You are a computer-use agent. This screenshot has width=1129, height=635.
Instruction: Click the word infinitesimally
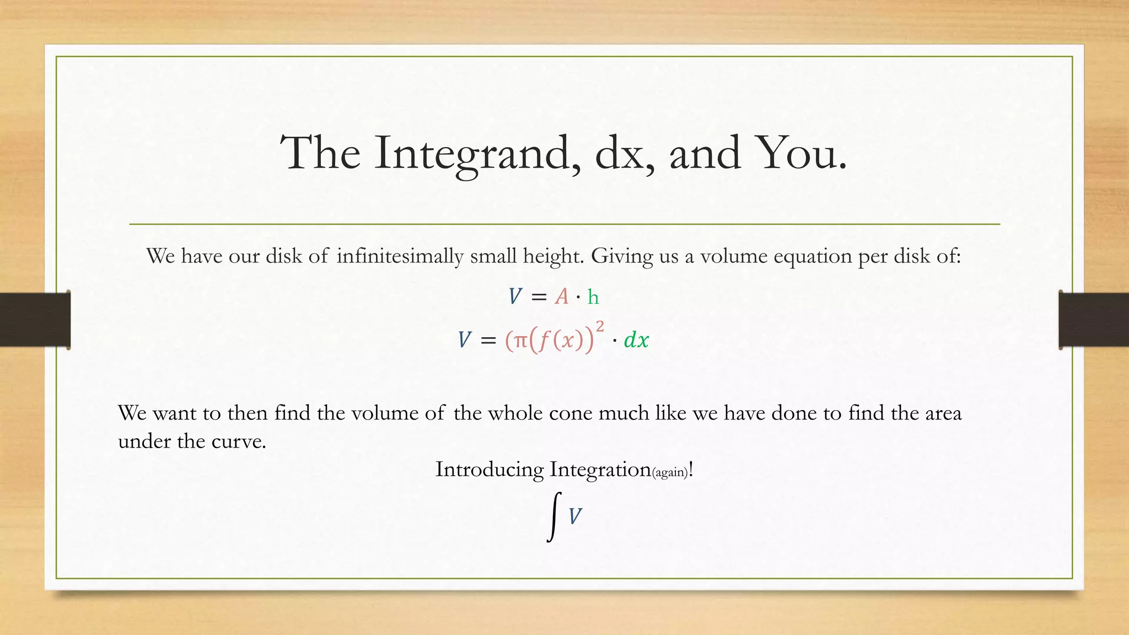click(x=400, y=256)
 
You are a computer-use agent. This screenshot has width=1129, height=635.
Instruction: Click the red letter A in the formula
click(x=561, y=297)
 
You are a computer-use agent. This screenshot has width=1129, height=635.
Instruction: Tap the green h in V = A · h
click(x=593, y=297)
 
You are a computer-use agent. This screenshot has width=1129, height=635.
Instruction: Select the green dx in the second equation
click(x=636, y=340)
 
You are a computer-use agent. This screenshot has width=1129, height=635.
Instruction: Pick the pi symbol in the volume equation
click(x=520, y=341)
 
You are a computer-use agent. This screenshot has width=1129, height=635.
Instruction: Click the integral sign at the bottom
click(x=554, y=516)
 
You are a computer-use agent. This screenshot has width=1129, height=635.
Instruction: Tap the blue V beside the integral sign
click(x=575, y=517)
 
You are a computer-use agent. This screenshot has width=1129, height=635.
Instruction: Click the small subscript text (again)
click(x=670, y=472)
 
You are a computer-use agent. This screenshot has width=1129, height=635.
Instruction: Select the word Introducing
click(x=490, y=470)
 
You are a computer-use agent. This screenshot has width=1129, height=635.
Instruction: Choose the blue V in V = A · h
click(x=515, y=297)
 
